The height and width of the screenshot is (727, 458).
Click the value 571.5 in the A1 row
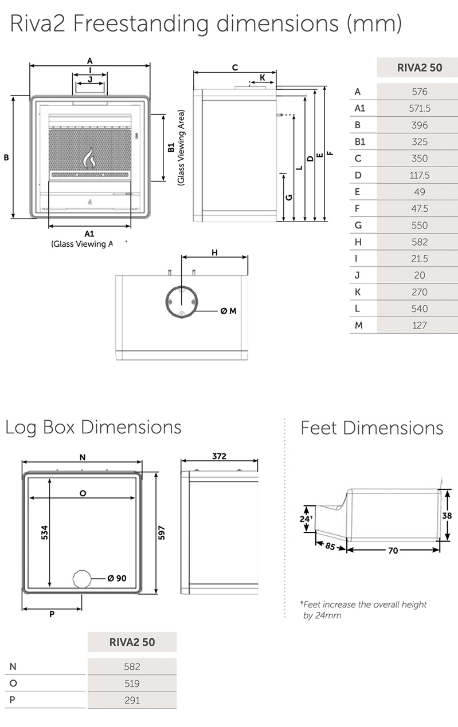(x=420, y=108)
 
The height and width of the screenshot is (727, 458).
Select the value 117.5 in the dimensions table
(x=420, y=175)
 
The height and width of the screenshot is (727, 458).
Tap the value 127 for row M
(x=420, y=325)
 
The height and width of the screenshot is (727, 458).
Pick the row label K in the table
(x=358, y=292)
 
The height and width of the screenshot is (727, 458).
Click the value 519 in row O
(x=132, y=683)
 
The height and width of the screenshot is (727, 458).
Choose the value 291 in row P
(x=132, y=700)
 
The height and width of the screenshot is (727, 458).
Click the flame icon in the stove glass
(x=89, y=158)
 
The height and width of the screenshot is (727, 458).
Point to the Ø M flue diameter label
(x=228, y=311)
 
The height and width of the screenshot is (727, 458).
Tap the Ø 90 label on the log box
(x=116, y=578)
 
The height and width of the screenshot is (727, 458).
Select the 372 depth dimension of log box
(x=219, y=456)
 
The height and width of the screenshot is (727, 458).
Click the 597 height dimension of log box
(x=162, y=532)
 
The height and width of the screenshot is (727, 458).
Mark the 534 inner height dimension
(x=45, y=532)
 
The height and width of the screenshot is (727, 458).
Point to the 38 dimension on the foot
(x=448, y=515)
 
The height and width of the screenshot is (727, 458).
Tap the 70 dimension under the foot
(x=393, y=550)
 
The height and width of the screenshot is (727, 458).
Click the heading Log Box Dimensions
(x=93, y=427)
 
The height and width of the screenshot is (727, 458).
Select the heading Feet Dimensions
(x=371, y=428)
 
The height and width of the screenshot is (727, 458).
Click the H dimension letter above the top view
(x=214, y=252)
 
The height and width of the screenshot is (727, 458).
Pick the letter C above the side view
(x=235, y=68)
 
